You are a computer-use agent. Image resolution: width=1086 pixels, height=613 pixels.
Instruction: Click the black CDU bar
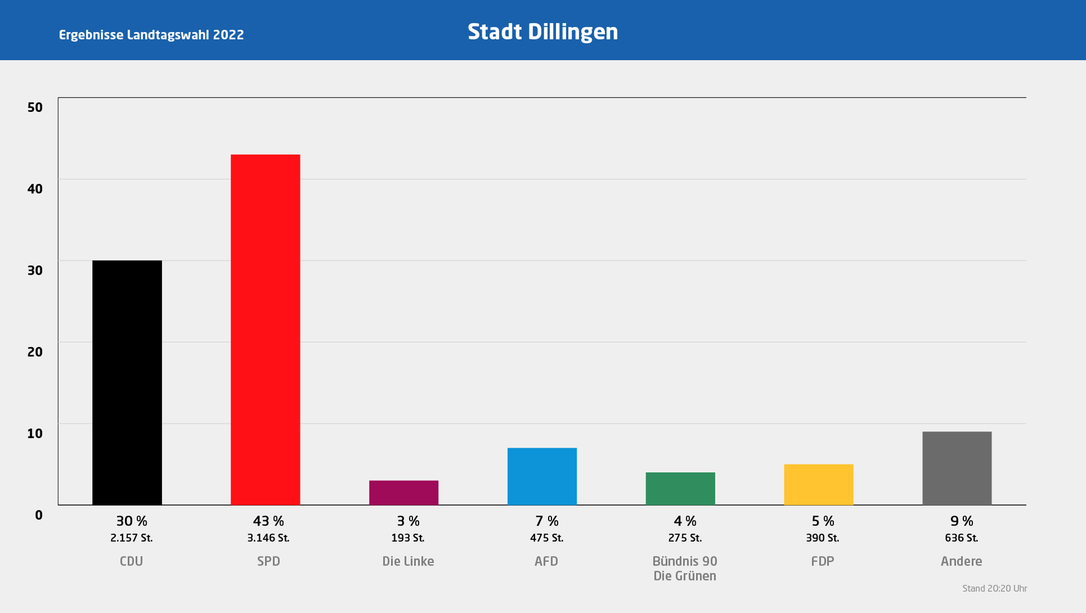tap(127, 383)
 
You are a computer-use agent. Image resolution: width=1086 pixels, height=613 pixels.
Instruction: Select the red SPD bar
tap(265, 329)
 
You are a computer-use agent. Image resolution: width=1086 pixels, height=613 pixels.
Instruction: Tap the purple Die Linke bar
tap(404, 493)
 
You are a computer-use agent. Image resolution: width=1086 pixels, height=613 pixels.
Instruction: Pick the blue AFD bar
tap(542, 476)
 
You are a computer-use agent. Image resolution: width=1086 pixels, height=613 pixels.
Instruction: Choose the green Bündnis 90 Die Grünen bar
tap(680, 489)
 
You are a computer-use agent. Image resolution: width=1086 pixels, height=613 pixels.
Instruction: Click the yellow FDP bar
tap(818, 485)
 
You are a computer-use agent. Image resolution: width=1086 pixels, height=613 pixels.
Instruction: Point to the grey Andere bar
tap(957, 468)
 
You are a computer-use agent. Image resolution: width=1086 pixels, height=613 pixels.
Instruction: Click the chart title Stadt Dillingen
tap(542, 32)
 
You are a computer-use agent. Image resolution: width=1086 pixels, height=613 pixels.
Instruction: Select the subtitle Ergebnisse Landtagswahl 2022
tap(152, 35)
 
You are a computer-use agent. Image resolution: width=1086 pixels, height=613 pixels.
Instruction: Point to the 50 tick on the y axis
tap(35, 107)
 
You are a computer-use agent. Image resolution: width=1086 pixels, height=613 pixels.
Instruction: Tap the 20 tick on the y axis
tap(35, 352)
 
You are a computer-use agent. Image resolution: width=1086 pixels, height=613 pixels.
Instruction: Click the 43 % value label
tap(269, 521)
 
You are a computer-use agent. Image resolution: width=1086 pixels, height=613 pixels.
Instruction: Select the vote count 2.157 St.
tap(131, 538)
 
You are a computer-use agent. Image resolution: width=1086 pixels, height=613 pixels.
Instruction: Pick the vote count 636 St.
tap(962, 538)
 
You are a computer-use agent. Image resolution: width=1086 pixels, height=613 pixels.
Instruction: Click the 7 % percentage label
tap(547, 521)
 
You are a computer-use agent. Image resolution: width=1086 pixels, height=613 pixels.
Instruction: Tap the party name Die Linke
tap(408, 561)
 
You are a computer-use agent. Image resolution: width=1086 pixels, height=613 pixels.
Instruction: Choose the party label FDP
tap(822, 561)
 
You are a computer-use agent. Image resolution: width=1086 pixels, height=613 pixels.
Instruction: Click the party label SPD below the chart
tap(269, 561)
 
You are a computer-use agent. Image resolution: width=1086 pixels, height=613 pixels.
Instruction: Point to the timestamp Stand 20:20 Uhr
tap(995, 589)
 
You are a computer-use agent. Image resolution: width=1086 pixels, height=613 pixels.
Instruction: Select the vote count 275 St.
tap(685, 538)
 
